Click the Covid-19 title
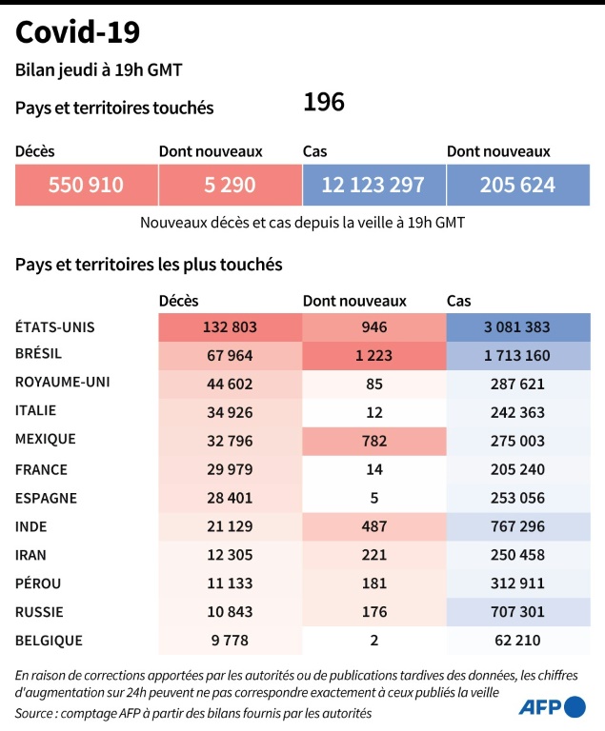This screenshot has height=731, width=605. (x=78, y=32)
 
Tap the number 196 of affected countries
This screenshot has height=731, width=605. (x=324, y=103)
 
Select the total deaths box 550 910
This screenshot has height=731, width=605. (x=86, y=185)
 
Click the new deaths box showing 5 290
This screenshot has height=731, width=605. (x=230, y=185)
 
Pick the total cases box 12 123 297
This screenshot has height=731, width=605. (x=373, y=185)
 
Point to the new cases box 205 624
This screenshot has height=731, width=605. (x=517, y=185)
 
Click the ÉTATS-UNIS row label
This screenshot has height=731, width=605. (x=54, y=327)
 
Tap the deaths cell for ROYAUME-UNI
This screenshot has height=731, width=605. (x=230, y=384)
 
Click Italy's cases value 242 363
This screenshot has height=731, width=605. (x=517, y=412)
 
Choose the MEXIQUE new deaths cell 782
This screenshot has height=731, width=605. (x=373, y=441)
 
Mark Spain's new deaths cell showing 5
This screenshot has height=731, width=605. (x=373, y=497)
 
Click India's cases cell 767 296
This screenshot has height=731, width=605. (x=517, y=525)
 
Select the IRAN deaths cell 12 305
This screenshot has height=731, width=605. (x=230, y=554)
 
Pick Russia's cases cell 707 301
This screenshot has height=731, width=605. (x=517, y=610)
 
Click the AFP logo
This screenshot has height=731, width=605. (x=552, y=707)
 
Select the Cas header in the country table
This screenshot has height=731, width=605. (x=458, y=301)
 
